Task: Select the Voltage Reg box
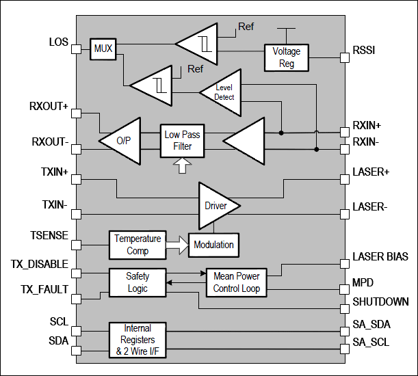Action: click(286, 57)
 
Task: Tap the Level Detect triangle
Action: click(221, 92)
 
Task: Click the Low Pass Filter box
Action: click(182, 141)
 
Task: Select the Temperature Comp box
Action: click(138, 244)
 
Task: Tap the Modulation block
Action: click(213, 244)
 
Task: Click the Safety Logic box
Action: click(138, 282)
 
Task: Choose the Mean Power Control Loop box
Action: click(237, 282)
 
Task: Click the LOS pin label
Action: click(59, 42)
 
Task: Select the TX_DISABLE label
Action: click(40, 265)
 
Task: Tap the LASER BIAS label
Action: click(380, 257)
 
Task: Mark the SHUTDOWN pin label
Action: click(380, 301)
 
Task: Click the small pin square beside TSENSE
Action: click(77, 243)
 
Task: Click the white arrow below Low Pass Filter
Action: click(182, 165)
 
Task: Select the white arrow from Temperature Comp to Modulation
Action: click(177, 244)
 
